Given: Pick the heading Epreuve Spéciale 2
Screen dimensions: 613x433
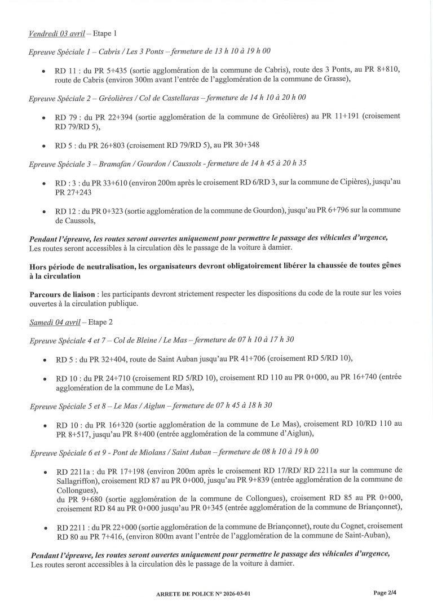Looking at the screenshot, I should (61, 98).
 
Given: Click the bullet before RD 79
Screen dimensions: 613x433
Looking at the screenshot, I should (45, 117).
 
